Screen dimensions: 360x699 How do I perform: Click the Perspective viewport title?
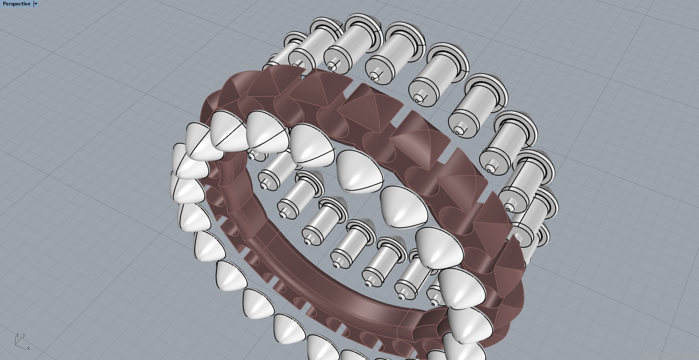tap(16, 4)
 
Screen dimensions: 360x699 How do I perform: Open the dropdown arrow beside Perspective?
tap(36, 4)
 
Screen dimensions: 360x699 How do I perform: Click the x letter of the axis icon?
tap(28, 348)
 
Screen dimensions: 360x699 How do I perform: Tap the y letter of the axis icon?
tap(24, 335)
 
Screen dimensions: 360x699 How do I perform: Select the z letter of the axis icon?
tap(18, 335)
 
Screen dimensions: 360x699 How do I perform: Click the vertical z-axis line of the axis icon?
tap(15, 341)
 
